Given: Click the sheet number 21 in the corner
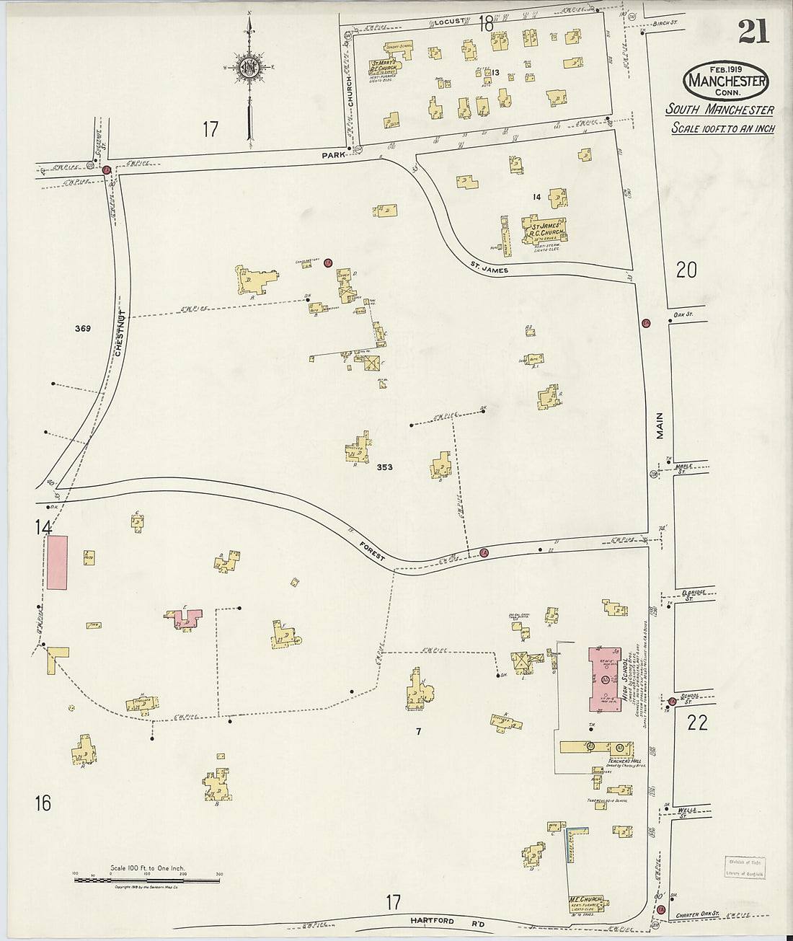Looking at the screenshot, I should point(753,31).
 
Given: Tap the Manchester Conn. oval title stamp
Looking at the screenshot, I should point(726,81).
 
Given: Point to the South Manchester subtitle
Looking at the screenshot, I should point(719,110).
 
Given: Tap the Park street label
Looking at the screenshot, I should point(334,154).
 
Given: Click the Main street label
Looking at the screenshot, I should point(659,425).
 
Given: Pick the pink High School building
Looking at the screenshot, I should point(605,677).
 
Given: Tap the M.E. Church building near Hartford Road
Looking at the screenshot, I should point(585,903).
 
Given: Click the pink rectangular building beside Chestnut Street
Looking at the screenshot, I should point(58,562).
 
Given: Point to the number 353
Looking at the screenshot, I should point(384,467).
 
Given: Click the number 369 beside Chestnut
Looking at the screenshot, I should point(82,329).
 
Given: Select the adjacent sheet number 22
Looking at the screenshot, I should point(697,723).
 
